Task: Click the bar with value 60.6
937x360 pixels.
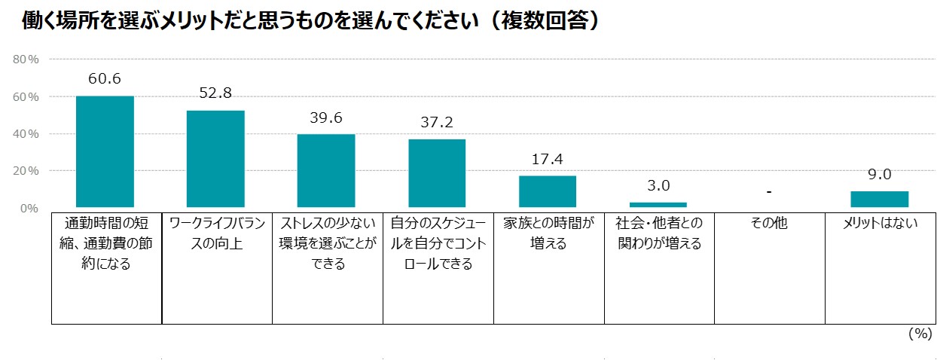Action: (x=105, y=151)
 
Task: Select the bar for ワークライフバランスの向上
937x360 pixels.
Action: (x=215, y=159)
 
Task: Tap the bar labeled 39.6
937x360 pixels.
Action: (x=326, y=171)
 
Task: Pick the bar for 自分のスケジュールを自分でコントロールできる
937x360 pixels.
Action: (x=437, y=173)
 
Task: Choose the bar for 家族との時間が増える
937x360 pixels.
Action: (x=548, y=191)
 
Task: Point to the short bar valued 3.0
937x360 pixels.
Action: (x=658, y=204)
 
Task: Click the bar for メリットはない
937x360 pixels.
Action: (x=880, y=199)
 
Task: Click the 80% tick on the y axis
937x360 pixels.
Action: (x=26, y=59)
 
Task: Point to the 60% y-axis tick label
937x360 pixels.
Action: (x=26, y=96)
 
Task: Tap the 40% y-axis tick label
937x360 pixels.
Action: (x=26, y=134)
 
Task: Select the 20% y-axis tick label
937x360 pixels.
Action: (x=26, y=171)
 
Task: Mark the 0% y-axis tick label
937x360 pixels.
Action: (x=29, y=209)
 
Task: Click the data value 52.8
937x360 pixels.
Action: (x=215, y=93)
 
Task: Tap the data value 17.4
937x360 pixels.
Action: (x=548, y=160)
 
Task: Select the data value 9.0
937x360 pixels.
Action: (x=880, y=175)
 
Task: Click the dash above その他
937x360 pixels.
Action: (x=769, y=192)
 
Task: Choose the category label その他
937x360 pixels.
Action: (x=769, y=224)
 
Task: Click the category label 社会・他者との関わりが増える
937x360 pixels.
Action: (x=658, y=233)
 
